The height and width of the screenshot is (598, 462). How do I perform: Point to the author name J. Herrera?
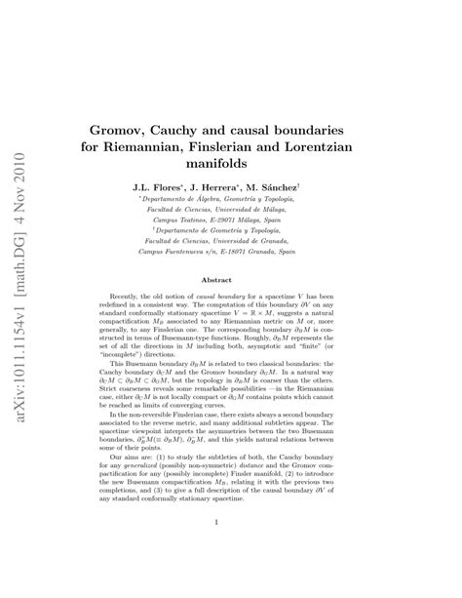[x=237, y=184]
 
